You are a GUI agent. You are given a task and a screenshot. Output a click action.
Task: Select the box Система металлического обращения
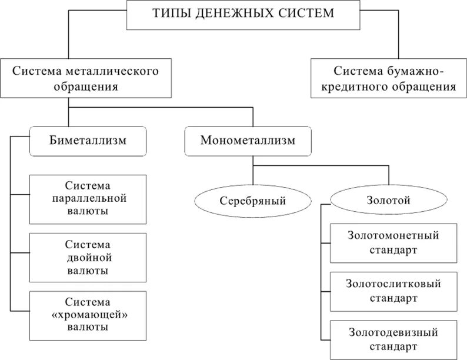click(x=86, y=78)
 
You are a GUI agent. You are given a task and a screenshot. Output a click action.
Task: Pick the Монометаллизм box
click(x=248, y=141)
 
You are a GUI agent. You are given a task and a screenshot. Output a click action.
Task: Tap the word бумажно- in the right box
click(x=415, y=71)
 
